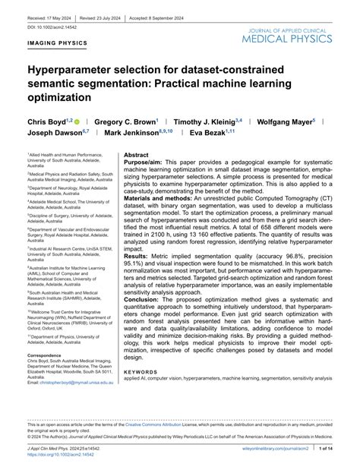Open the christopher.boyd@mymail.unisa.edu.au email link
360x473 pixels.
pyautogui.click(x=73, y=383)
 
